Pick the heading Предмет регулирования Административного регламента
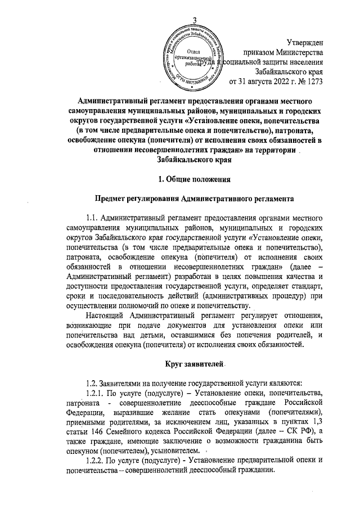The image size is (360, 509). coord(180,199)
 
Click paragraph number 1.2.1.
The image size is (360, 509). coord(93,391)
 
